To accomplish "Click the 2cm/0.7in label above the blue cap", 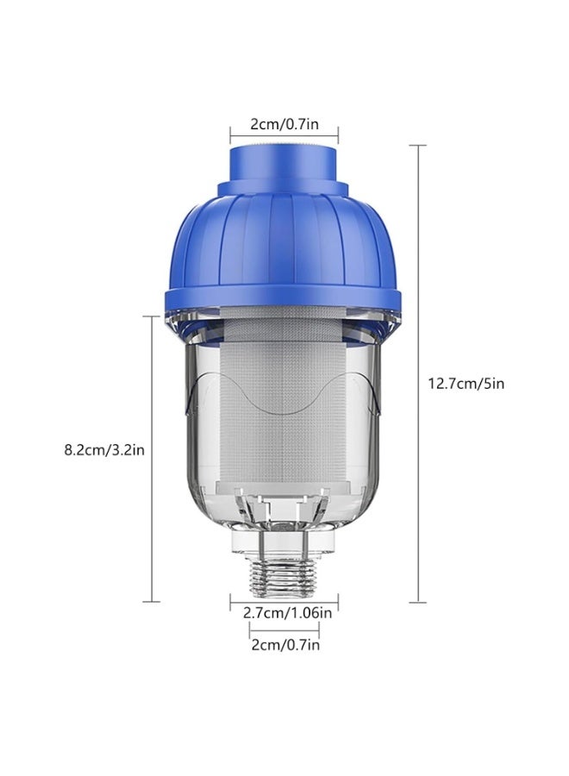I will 284,124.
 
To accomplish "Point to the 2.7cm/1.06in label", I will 284,613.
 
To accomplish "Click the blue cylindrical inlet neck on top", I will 284,165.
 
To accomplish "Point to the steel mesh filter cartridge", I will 284,405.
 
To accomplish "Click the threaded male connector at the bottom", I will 284,573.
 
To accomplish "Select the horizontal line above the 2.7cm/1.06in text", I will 284,601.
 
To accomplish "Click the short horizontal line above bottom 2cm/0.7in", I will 284,631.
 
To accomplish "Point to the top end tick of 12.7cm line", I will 419,146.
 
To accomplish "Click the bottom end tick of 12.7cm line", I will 419,602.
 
